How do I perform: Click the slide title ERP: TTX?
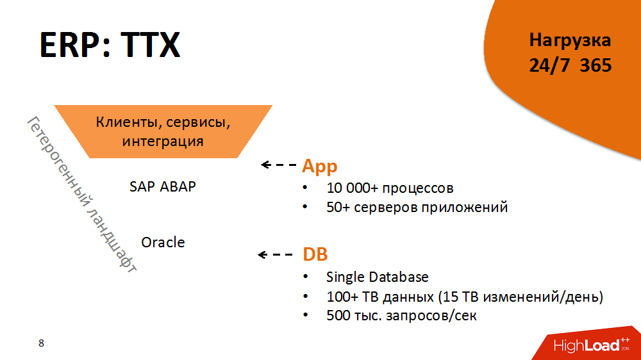tap(110, 45)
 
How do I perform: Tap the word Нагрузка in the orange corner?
tap(570, 40)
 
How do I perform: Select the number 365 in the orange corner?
tap(595, 65)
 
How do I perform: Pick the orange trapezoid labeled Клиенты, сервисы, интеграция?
tap(163, 131)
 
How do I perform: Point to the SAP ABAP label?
tap(163, 186)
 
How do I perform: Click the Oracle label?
tap(163, 242)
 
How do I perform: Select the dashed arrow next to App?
tap(278, 165)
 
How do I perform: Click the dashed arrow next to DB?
tap(276, 255)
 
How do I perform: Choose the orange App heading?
tap(319, 166)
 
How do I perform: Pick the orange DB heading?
tap(315, 254)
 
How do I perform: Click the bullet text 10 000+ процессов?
tap(390, 188)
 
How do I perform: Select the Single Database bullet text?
tap(377, 277)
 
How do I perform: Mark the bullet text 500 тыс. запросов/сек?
tap(401, 316)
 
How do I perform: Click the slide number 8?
tap(42, 343)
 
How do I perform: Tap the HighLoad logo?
tap(592, 346)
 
